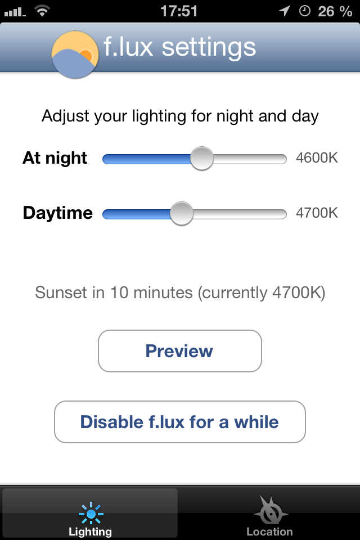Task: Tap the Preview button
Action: pos(180,351)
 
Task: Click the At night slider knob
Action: pos(202,159)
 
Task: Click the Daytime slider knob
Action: pos(182,214)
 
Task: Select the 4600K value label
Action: pos(317,157)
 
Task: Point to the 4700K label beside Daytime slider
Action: pos(317,213)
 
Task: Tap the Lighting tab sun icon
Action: pos(91,514)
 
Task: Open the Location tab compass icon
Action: pos(271,510)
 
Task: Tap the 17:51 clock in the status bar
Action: pos(179,11)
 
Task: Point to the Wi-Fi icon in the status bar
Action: pos(42,11)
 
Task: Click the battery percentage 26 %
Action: pos(335,11)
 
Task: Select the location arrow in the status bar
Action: pos(285,11)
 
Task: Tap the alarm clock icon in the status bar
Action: pos(304,11)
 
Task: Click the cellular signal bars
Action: pos(15,12)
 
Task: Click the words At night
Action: pos(55,158)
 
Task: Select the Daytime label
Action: pos(58,213)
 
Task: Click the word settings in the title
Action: pos(209,48)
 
